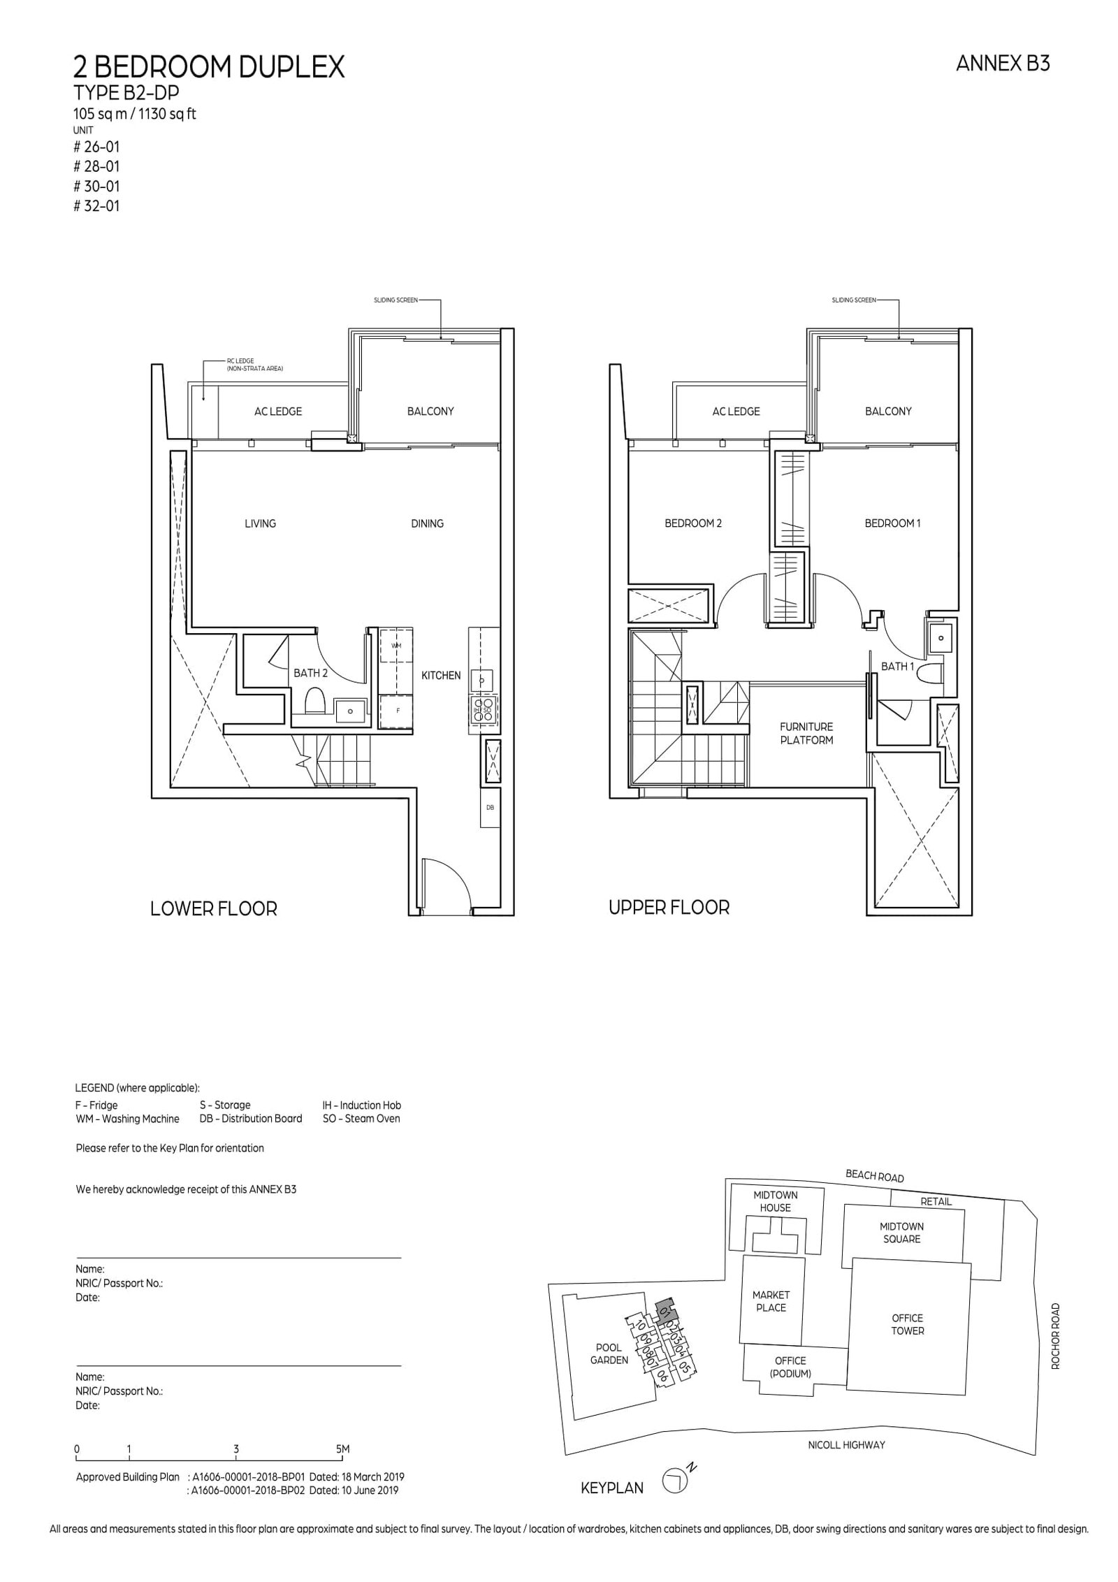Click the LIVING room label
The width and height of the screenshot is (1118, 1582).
point(260,523)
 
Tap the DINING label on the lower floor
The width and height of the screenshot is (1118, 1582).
point(427,523)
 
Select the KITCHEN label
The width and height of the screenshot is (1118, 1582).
point(441,675)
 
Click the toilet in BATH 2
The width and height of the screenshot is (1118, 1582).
point(315,699)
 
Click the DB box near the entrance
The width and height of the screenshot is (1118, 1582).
point(490,807)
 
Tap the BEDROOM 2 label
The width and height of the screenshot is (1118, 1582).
point(692,523)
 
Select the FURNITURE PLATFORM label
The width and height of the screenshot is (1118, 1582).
point(806,733)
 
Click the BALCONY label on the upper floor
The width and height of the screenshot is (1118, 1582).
point(887,412)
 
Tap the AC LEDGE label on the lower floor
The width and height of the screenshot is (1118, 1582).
point(278,412)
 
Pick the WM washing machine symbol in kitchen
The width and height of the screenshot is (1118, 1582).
point(396,646)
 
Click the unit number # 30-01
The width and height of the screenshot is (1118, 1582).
point(96,187)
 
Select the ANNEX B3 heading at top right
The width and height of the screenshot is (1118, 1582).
point(1003,64)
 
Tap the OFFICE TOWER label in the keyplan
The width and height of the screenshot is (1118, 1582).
point(907,1324)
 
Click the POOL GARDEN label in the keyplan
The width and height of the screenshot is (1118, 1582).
point(609,1354)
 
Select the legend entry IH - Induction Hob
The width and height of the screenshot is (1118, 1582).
point(361,1105)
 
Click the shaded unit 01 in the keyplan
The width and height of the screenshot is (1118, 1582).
point(665,1310)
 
